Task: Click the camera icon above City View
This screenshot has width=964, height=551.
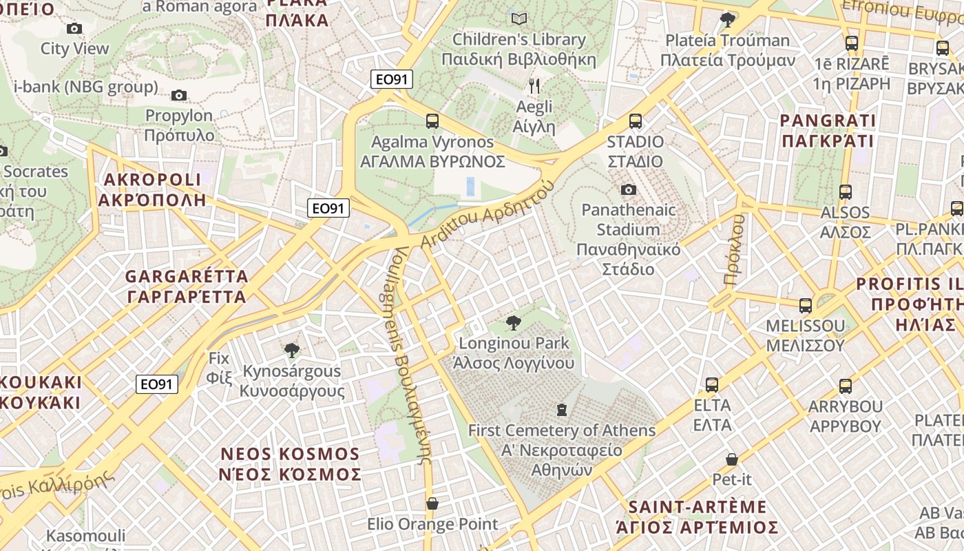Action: click(74, 28)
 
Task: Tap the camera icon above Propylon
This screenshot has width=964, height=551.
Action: click(179, 95)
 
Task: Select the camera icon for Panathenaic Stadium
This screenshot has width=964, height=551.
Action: click(628, 189)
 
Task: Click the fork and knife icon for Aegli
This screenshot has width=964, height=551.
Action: click(534, 86)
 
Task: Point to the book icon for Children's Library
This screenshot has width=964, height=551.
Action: click(519, 19)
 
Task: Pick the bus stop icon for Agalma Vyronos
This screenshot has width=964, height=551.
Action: click(432, 121)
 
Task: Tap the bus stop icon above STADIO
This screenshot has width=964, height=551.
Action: click(635, 121)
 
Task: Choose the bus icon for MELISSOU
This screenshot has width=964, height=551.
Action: click(805, 305)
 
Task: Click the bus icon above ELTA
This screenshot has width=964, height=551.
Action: click(712, 384)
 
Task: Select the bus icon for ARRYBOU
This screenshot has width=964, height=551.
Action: click(845, 386)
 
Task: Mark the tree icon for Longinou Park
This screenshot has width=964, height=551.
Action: click(513, 322)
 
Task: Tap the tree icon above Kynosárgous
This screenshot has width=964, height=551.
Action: click(292, 351)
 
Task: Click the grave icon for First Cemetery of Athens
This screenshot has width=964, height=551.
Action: click(562, 410)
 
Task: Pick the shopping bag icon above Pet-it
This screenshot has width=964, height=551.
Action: click(731, 459)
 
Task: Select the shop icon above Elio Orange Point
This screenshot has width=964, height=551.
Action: click(432, 503)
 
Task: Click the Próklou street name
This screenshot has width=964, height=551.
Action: click(735, 250)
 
